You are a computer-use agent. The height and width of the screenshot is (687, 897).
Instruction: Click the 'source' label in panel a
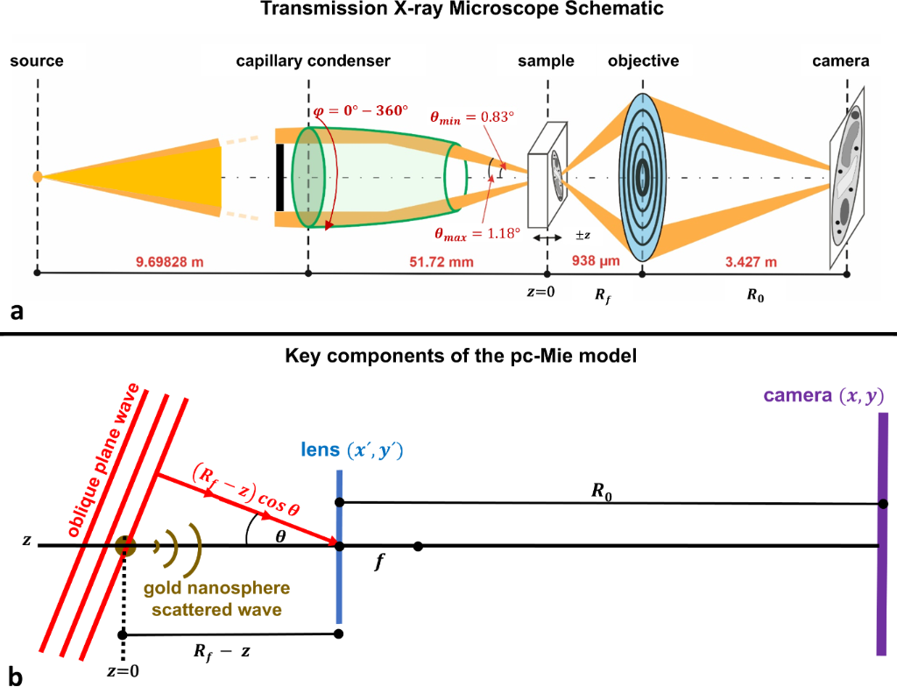pos(37,60)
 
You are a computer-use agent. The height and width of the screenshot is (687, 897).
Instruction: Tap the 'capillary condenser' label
pos(313,60)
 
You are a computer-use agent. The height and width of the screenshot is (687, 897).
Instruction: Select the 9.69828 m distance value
pos(169,262)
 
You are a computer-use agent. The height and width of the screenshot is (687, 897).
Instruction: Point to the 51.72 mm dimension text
pos(441,262)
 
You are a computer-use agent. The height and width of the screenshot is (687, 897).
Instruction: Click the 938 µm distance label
pos(596,261)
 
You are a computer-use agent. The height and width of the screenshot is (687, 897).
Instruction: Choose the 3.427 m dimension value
pos(751,262)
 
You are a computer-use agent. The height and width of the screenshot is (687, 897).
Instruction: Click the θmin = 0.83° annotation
pos(472,117)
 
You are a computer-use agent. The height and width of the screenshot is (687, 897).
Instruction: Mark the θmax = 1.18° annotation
pos(477,234)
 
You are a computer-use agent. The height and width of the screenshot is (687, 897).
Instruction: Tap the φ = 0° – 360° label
pos(361,110)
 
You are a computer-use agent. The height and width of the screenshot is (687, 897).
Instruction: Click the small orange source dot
pos(37,176)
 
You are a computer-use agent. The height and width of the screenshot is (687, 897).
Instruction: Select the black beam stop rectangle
pos(279,178)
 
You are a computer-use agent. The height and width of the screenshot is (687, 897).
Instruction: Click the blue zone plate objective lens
pos(642,178)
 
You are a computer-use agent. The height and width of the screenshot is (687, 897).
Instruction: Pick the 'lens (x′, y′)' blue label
pos(352,450)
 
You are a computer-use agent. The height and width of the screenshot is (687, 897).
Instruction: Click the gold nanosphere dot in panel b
pos(124,546)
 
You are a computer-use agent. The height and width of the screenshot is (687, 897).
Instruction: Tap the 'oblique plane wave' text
pos(103,461)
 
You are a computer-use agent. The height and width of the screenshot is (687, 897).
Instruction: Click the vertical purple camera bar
pos(883,534)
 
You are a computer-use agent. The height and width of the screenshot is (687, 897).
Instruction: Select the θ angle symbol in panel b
pos(280,537)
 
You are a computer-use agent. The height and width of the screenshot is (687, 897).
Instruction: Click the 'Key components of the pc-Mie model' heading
pos(461,356)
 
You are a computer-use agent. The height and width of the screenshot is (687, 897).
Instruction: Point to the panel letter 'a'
pos(17,311)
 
